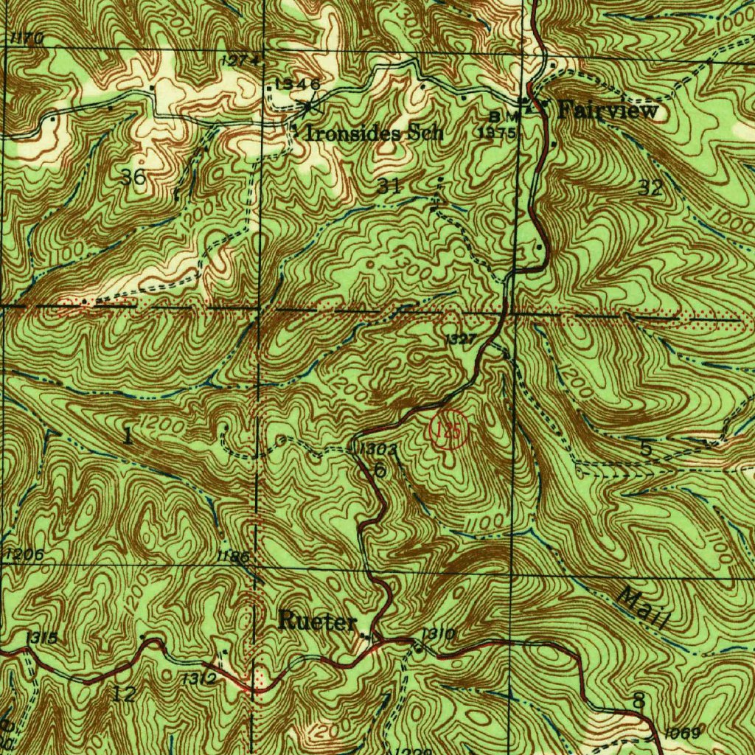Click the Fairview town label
[x=608, y=111]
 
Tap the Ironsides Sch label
[x=375, y=133]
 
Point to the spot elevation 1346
[x=296, y=84]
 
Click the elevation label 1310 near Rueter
[x=438, y=634]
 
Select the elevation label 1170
[x=28, y=38]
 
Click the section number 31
[x=389, y=187]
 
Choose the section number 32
[x=651, y=188]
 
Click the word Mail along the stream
[x=642, y=608]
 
